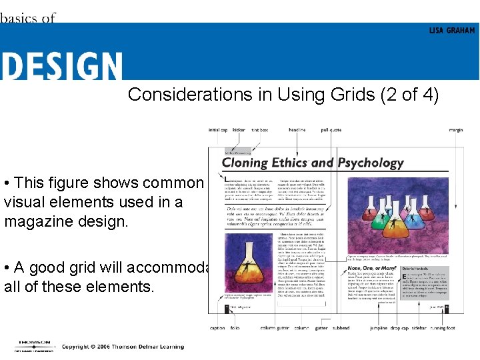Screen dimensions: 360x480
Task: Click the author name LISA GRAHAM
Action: pos(452,30)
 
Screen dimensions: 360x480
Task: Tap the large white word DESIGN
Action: pos(61,67)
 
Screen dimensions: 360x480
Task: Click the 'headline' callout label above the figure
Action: pos(297,130)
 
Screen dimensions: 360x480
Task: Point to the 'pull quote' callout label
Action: pos(331,130)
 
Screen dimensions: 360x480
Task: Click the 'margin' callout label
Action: pos(456,130)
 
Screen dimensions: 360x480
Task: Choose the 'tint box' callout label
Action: pos(260,130)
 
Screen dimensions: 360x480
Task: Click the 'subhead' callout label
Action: pos(341,328)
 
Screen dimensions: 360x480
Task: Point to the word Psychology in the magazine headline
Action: pos(371,163)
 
